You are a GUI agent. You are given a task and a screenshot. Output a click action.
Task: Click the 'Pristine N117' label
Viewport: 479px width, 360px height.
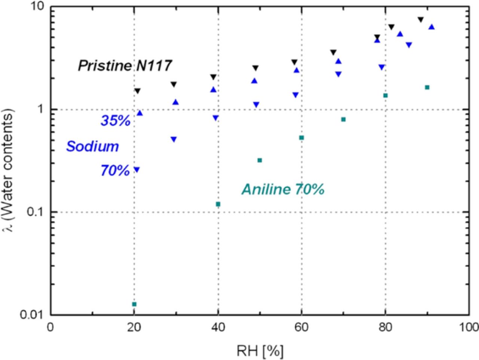coord(125,66)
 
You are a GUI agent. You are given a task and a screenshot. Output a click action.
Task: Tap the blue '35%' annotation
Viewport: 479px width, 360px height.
coord(115,120)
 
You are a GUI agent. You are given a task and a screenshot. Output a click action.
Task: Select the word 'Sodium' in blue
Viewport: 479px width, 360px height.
coord(92,146)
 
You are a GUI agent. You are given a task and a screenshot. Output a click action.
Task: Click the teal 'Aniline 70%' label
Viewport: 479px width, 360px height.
coord(283,189)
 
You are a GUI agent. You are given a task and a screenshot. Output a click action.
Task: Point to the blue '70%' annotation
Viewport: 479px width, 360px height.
coord(115,171)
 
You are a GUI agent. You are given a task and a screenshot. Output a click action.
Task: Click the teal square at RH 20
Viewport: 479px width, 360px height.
coord(134,304)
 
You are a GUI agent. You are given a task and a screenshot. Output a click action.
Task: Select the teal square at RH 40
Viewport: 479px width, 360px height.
coord(218,204)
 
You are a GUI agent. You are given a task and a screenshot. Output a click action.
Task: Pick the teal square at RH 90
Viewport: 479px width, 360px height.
coord(427,87)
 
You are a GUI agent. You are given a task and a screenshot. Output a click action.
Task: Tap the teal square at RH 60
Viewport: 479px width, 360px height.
coord(302,138)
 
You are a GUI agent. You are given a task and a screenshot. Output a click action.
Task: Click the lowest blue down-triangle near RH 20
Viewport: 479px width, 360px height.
coord(137,170)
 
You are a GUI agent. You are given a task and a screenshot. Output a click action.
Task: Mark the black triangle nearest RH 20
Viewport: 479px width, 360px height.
coord(137,91)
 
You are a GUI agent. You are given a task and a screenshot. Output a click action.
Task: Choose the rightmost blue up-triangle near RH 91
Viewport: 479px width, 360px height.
coord(431,27)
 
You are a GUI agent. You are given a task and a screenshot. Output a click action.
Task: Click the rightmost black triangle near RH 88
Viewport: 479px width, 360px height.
coord(421,19)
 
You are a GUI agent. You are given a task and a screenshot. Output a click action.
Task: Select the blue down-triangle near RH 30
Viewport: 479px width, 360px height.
coord(174,139)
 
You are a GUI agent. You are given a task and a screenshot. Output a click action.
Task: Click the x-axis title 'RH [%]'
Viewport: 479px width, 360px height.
coord(260,351)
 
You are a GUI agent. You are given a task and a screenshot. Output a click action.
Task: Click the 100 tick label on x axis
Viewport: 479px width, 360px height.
coord(468,327)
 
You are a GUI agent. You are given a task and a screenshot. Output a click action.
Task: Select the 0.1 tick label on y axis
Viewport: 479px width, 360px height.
coord(37,212)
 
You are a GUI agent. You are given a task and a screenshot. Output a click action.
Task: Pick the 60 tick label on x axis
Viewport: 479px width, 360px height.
coord(302,327)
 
